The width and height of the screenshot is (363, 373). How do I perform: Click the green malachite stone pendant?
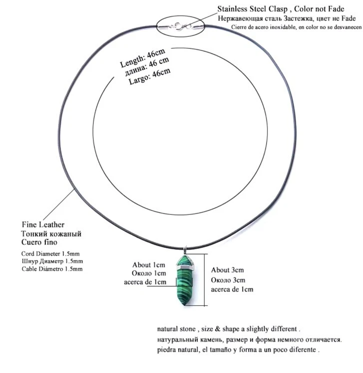[185, 280]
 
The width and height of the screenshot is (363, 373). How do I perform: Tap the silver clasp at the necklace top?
[181, 26]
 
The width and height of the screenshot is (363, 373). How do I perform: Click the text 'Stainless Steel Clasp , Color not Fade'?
[281, 9]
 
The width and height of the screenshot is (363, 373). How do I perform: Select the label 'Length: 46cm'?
[142, 58]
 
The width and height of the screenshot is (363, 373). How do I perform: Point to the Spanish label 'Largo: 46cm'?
[150, 76]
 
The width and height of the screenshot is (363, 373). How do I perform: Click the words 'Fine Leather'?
[43, 224]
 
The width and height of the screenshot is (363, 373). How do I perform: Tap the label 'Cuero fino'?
[39, 242]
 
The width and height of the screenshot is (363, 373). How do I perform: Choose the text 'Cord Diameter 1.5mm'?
[50, 254]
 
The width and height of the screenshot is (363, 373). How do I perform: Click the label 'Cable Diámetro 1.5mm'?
[52, 269]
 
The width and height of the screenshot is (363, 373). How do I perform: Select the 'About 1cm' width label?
[149, 265]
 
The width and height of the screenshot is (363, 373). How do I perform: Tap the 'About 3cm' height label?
[228, 270]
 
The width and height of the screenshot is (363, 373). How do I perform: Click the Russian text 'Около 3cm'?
[228, 280]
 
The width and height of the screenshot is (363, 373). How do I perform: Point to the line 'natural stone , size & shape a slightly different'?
[229, 329]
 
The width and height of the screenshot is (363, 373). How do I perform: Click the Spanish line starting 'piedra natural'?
[238, 350]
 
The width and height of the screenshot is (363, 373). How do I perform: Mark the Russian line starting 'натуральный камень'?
[250, 340]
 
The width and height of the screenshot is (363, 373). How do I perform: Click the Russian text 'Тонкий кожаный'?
[51, 234]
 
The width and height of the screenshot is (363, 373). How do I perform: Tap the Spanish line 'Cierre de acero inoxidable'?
[296, 27]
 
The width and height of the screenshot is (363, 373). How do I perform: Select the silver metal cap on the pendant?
[186, 265]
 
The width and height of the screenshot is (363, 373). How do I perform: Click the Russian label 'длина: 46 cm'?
[147, 67]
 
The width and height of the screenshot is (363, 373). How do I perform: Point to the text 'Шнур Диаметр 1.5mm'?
[52, 261]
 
